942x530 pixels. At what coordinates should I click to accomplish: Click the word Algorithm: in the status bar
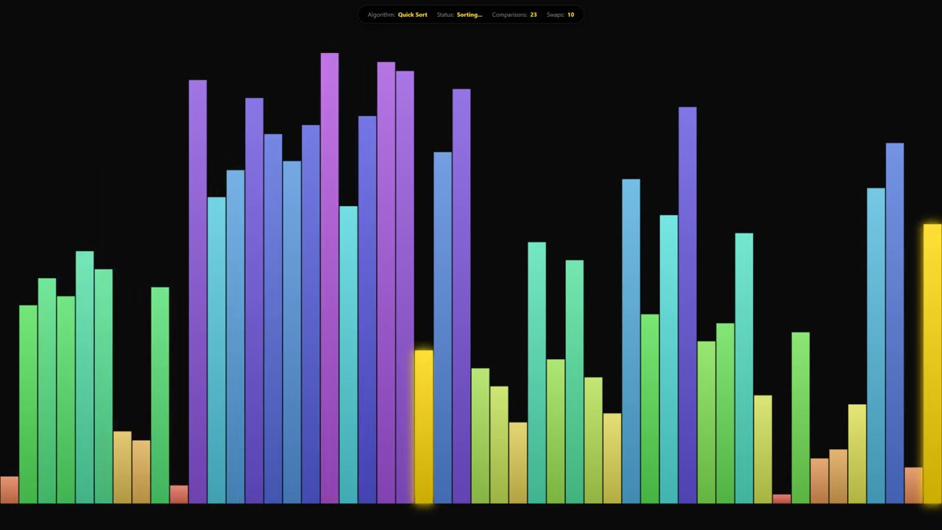[x=381, y=15]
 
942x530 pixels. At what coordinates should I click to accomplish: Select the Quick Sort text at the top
[x=412, y=15]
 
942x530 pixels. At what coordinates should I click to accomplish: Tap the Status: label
[x=445, y=15]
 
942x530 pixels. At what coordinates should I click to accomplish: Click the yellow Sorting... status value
[x=470, y=15]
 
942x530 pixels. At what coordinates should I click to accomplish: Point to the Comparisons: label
[x=509, y=15]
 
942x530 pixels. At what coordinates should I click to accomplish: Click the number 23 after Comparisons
[x=534, y=15]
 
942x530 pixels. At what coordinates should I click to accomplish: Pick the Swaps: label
[x=555, y=15]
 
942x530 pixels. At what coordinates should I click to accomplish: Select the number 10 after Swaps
[x=570, y=15]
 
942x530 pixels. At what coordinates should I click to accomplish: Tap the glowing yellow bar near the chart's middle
[x=424, y=427]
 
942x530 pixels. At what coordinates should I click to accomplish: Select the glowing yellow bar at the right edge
[x=932, y=364]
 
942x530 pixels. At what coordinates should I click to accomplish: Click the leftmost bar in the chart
[x=10, y=490]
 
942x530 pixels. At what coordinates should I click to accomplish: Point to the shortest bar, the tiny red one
[x=782, y=499]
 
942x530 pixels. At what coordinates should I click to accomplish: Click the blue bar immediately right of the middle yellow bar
[x=442, y=328]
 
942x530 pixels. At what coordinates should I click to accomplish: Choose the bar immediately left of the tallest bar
[x=311, y=314]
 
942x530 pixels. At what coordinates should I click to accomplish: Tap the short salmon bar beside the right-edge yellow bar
[x=913, y=485]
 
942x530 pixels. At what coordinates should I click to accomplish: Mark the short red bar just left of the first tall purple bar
[x=179, y=494]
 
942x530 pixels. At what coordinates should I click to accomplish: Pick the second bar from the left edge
[x=28, y=404]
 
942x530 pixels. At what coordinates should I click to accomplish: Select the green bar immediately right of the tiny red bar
[x=801, y=417]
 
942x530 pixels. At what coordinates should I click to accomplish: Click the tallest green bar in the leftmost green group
[x=85, y=377]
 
